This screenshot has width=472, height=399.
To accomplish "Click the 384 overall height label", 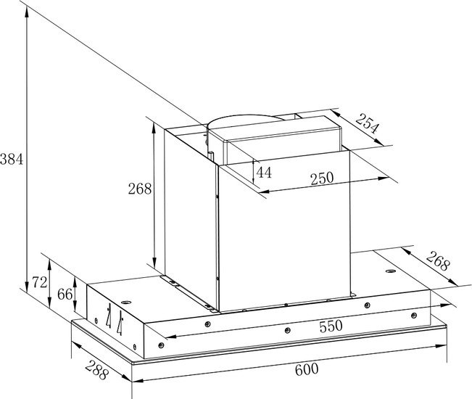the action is [x=12, y=159].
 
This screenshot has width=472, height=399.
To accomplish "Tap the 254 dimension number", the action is [x=366, y=123].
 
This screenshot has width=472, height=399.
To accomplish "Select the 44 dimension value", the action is [x=264, y=172].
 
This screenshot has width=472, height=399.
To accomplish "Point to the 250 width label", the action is [x=322, y=178].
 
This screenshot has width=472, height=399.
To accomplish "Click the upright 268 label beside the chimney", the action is [x=140, y=189].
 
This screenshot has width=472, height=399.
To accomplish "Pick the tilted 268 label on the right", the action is [x=438, y=260].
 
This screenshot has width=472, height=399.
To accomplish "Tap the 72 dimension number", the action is [x=40, y=282].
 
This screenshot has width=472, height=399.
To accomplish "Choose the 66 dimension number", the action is [x=65, y=294].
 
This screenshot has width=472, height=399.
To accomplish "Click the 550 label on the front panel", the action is [x=331, y=326].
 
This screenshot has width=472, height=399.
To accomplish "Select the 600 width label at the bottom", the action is [x=307, y=369].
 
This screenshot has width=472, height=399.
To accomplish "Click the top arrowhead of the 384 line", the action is [x=27, y=12].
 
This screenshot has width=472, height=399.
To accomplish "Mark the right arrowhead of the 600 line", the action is [x=441, y=346].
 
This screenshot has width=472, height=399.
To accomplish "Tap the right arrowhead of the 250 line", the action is [x=384, y=178].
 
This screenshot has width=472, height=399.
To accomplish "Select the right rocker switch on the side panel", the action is [x=120, y=323].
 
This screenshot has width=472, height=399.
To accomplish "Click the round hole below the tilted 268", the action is [x=391, y=271].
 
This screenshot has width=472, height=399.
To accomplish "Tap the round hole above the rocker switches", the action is [x=126, y=302].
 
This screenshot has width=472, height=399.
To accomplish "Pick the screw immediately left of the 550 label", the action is [x=287, y=330].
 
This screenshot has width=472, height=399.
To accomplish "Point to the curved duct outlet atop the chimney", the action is [x=245, y=121].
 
